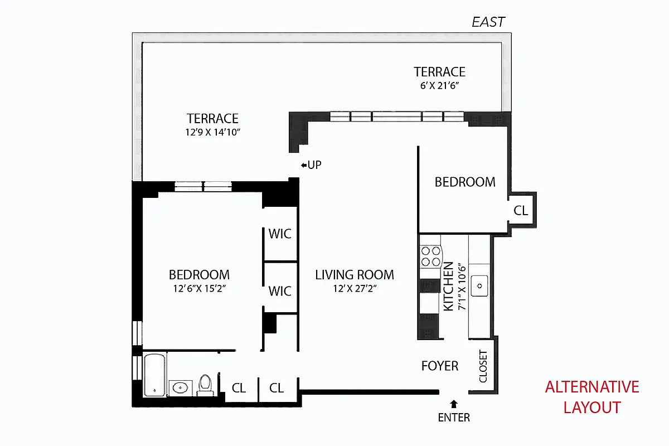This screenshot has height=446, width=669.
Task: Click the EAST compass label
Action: click(488, 22)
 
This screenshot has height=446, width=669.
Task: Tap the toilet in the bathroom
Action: click(205, 385)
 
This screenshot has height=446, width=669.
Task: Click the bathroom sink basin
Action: click(180, 387)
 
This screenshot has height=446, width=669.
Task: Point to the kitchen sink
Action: click(478, 285)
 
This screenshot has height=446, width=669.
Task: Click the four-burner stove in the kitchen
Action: click(430, 256)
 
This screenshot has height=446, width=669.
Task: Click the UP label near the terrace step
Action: click(311, 165)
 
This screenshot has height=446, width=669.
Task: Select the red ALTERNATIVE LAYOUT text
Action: click(592, 396)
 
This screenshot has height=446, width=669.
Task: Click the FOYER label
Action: click(439, 366)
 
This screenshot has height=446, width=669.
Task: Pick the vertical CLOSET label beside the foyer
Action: click(483, 366)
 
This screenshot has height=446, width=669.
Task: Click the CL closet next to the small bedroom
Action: click(521, 211)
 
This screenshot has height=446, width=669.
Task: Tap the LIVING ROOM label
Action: click(355, 275)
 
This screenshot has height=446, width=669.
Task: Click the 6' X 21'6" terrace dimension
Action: click(439, 86)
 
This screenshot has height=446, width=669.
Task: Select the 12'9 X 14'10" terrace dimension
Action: click(212, 132)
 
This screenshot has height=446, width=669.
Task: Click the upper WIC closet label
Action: click(280, 234)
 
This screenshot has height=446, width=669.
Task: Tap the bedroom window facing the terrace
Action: click(203, 186)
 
